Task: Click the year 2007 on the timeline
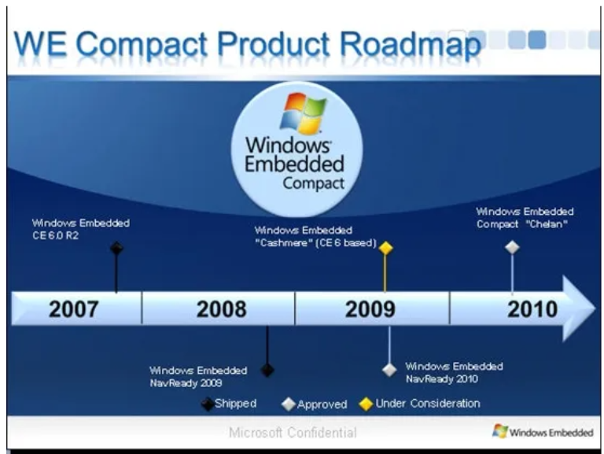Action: tap(74, 309)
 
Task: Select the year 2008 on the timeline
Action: tap(222, 309)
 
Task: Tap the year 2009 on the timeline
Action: tap(370, 309)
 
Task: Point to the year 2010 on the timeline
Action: tap(532, 309)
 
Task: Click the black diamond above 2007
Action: tap(116, 248)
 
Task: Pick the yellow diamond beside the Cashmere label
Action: tap(385, 248)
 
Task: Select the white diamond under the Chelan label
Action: tap(512, 247)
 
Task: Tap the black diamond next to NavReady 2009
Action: tap(267, 371)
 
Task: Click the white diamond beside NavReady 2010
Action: tap(389, 370)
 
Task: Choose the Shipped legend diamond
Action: tap(208, 404)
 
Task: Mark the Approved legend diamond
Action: tap(289, 404)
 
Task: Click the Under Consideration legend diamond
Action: tap(366, 404)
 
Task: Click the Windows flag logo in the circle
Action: tap(303, 113)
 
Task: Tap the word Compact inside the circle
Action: tap(314, 183)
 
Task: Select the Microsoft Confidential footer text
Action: tap(293, 433)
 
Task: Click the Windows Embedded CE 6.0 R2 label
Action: tap(81, 229)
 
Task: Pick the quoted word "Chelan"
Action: tap(547, 224)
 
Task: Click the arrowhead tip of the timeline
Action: tap(595, 308)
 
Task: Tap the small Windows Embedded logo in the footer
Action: tap(543, 432)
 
